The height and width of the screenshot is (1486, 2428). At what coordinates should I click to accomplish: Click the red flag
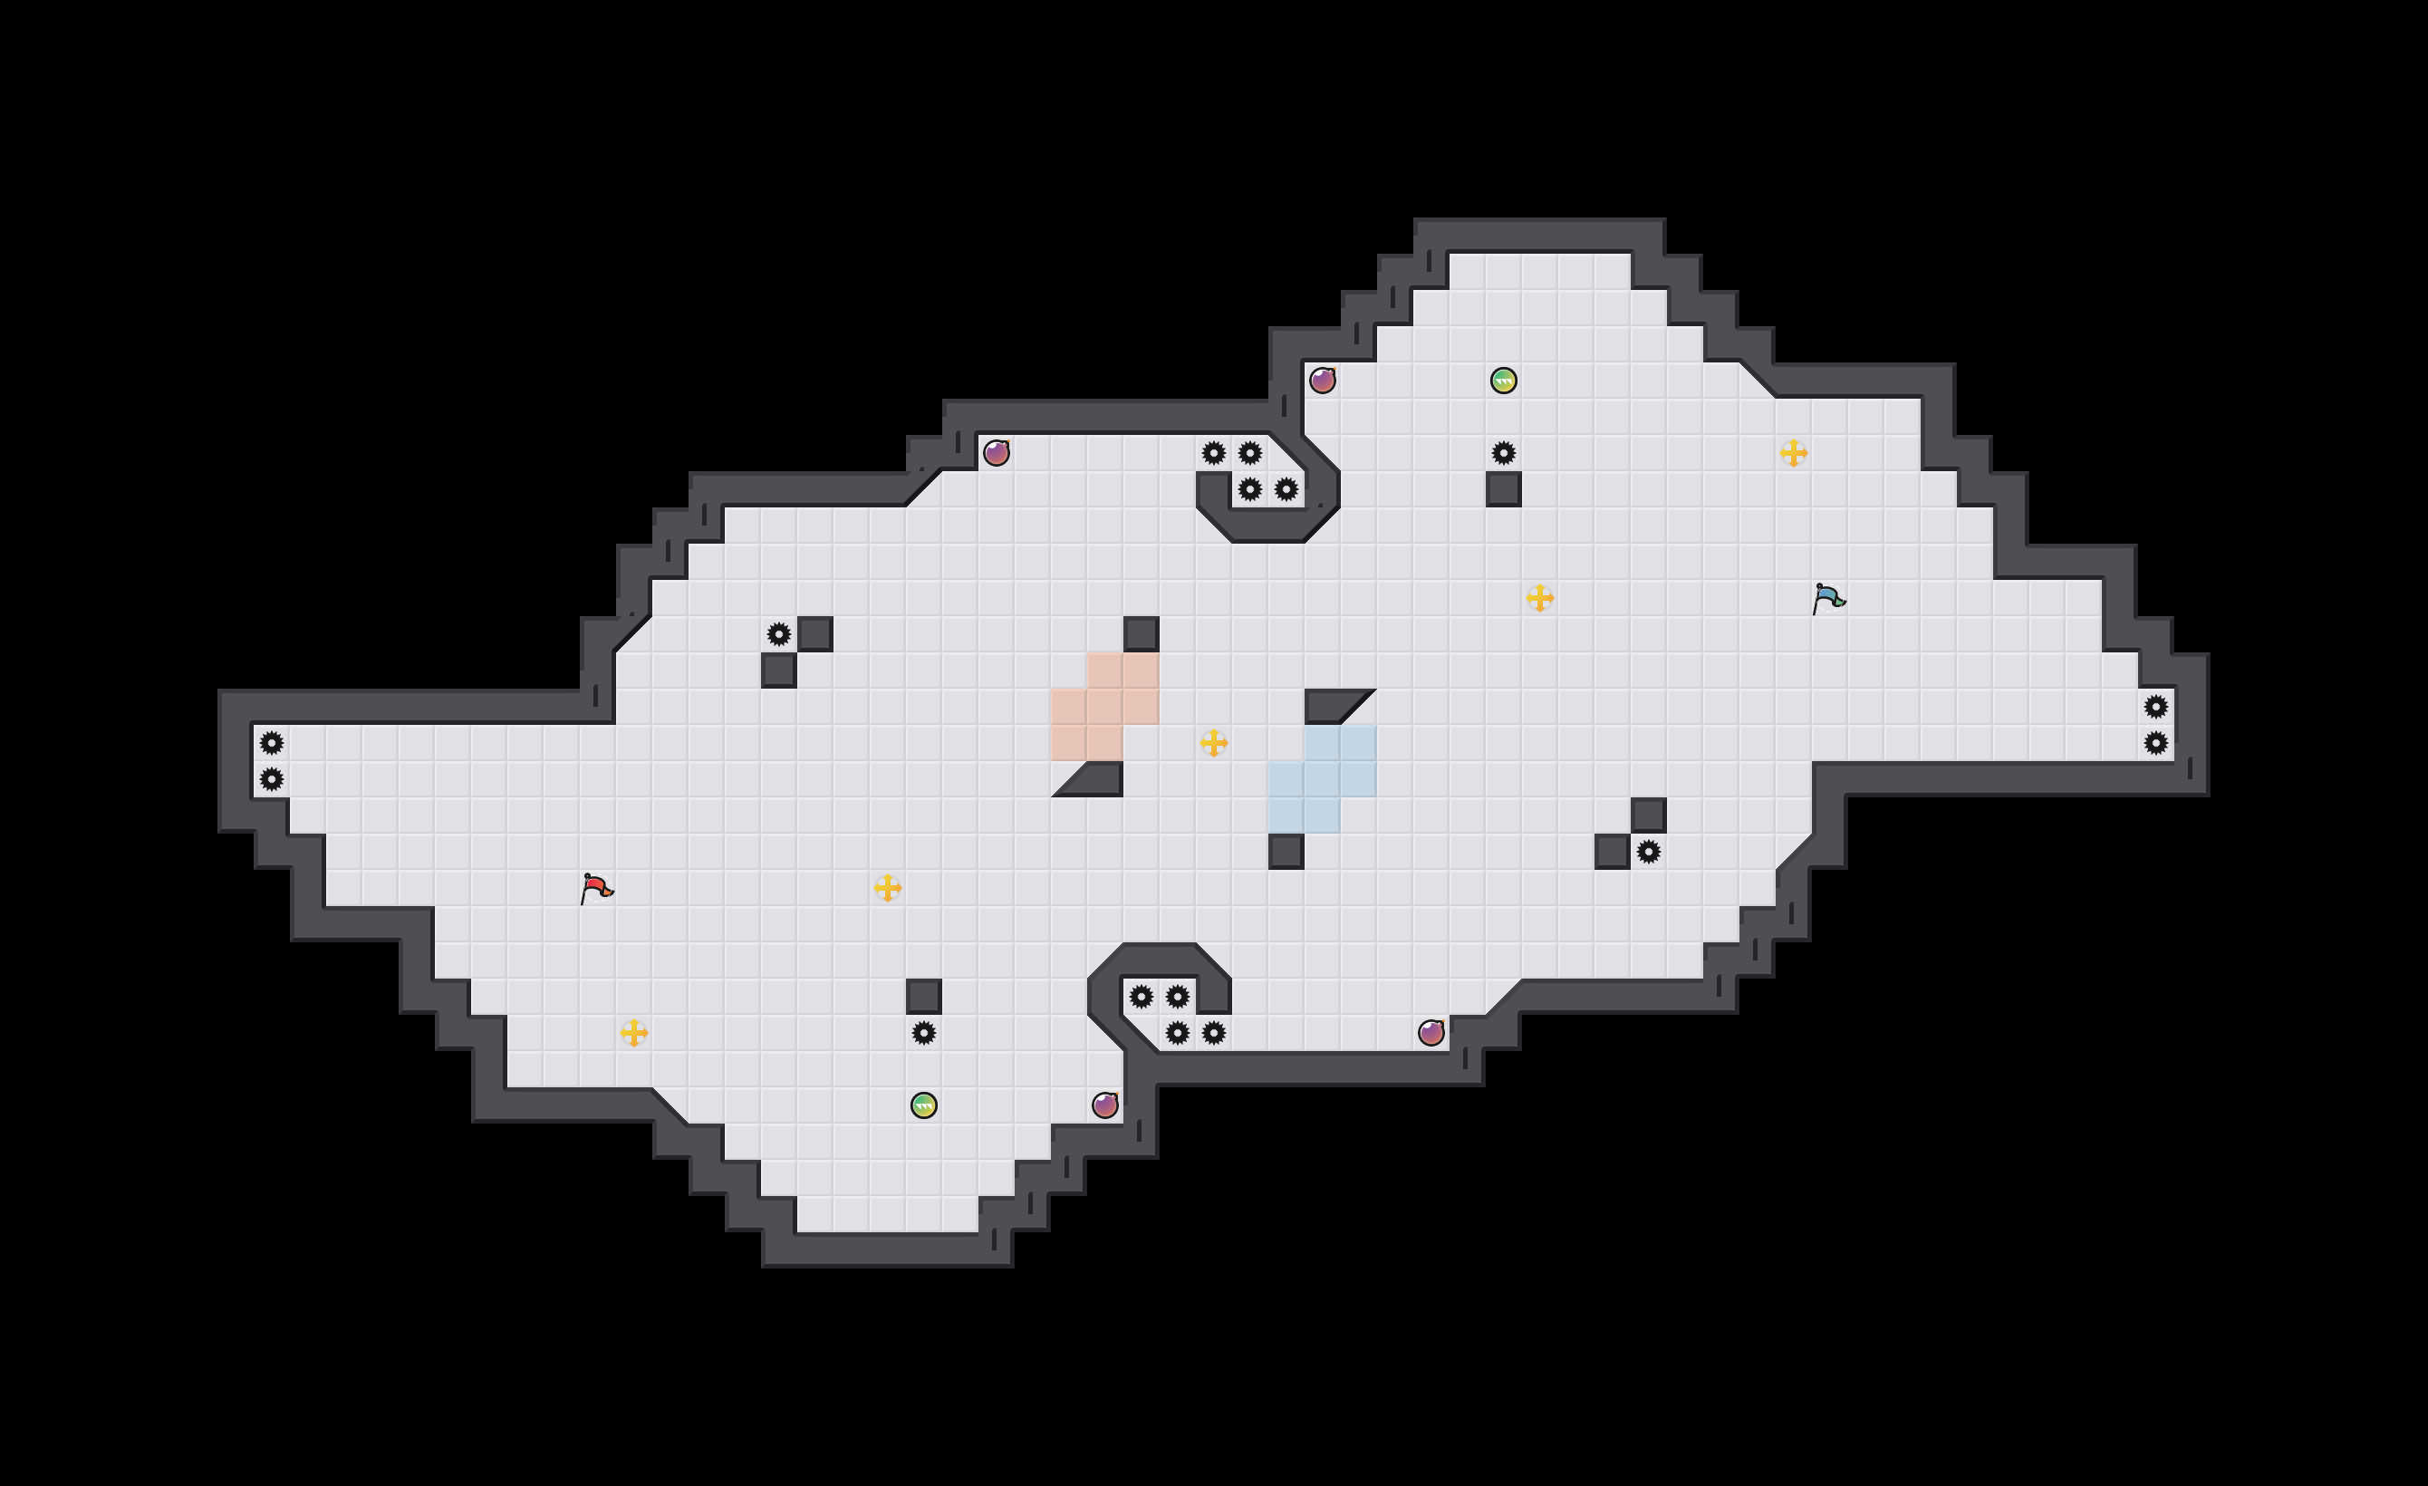(595, 888)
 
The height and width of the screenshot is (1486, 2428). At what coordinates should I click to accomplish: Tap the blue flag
(1827, 597)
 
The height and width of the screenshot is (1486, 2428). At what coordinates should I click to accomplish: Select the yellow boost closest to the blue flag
(1794, 452)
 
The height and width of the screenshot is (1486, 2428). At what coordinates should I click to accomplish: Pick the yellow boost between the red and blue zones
(1213, 742)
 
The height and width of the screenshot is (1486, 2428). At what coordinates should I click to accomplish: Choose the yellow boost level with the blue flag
(1539, 597)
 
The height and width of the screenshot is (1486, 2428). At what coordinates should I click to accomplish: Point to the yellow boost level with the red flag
(887, 888)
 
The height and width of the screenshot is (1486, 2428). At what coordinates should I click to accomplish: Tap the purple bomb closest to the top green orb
(1323, 381)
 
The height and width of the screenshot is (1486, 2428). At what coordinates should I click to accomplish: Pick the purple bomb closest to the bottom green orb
(1104, 1105)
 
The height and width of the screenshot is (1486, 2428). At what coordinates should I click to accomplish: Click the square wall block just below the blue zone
(1286, 852)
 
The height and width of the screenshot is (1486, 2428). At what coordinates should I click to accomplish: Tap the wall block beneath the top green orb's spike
(1503, 488)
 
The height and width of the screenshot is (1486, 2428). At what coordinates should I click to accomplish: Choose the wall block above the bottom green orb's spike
(923, 996)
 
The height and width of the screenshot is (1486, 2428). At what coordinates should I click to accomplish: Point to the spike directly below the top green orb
(1503, 452)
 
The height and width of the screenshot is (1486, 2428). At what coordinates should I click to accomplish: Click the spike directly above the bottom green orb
(923, 1033)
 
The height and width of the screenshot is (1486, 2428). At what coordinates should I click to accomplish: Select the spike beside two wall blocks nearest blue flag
(1648, 852)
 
